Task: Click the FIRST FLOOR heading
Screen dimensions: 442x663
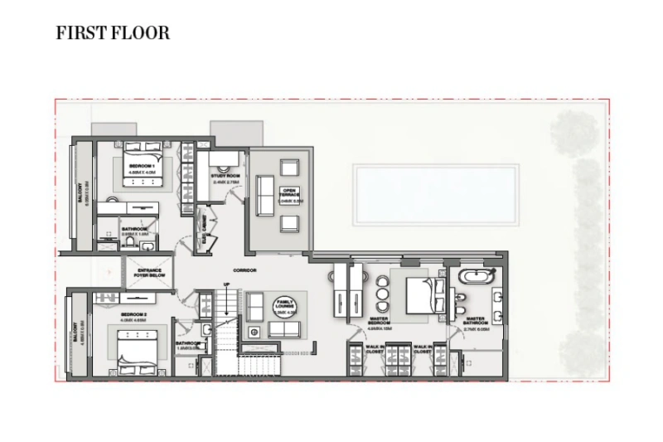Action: tap(113, 33)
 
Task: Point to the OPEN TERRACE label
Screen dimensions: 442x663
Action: tap(290, 196)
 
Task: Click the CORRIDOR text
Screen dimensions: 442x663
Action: tap(244, 271)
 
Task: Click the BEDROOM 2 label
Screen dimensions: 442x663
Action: tap(133, 315)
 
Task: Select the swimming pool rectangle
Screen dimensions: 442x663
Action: tap(436, 194)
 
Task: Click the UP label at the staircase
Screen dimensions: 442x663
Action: tap(226, 284)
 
